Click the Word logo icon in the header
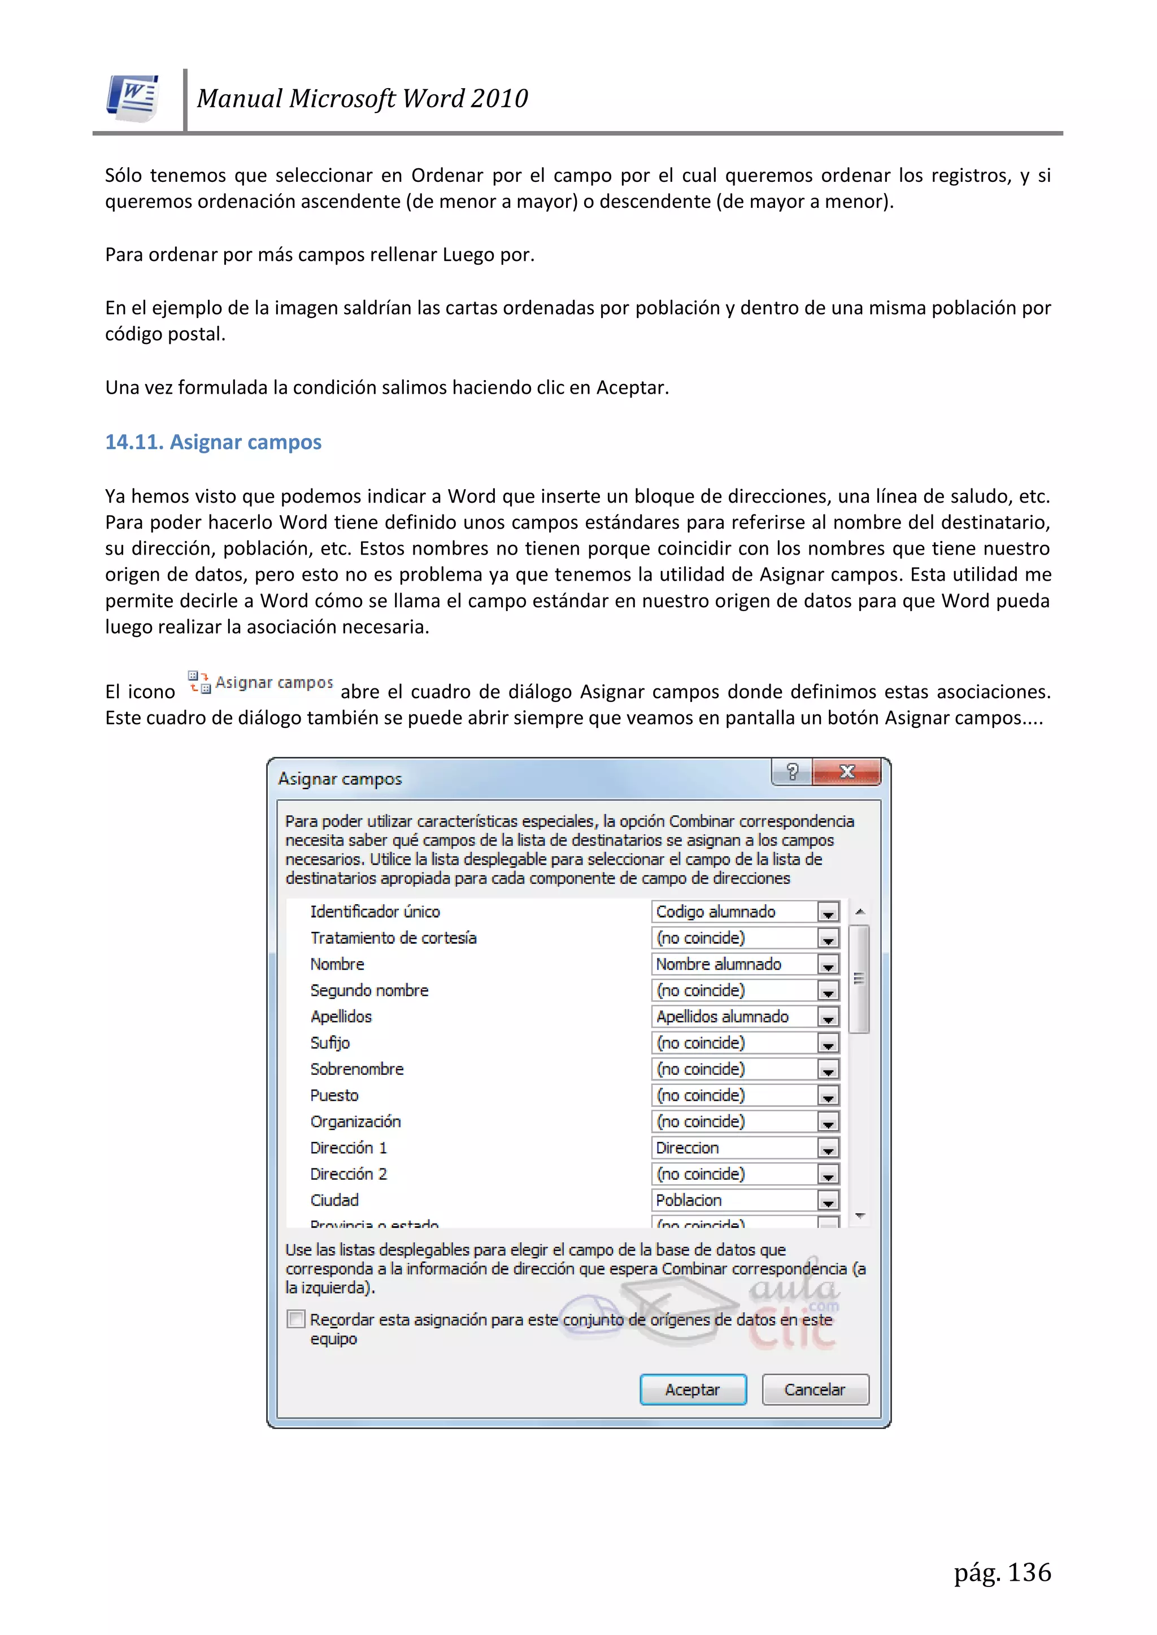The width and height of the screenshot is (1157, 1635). (133, 98)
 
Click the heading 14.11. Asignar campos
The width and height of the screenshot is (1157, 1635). (213, 442)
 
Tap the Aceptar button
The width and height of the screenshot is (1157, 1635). (693, 1389)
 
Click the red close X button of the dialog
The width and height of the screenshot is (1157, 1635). (846, 772)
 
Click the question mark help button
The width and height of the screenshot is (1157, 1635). (791, 772)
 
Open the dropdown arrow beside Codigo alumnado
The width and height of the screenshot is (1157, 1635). (828, 912)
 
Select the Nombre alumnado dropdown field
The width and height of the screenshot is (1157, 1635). (734, 964)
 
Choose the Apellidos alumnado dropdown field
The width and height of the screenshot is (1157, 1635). (734, 1017)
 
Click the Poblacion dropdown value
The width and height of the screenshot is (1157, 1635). (734, 1201)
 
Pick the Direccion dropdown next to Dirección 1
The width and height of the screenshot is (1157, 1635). (734, 1148)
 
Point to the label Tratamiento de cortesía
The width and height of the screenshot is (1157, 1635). (393, 938)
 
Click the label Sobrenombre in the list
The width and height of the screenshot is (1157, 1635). (357, 1069)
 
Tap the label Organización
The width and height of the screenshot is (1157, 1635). (355, 1122)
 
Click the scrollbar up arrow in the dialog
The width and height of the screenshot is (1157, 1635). (860, 912)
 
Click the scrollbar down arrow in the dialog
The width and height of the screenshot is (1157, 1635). (860, 1215)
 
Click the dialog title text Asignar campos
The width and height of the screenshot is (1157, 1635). (340, 779)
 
